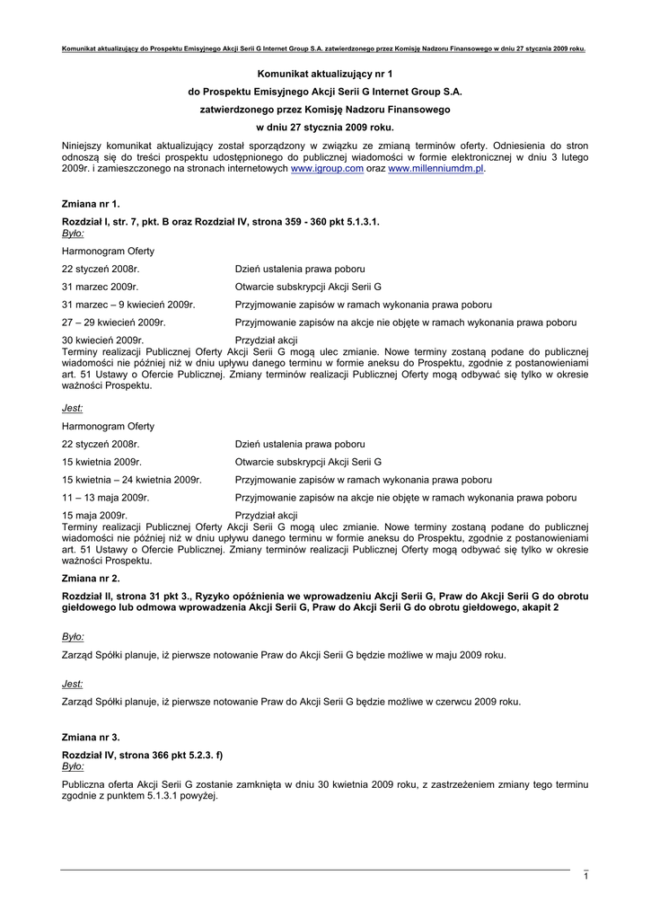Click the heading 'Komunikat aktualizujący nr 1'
coord(325,72)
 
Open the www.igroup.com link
coord(327,168)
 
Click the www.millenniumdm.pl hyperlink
coord(435,168)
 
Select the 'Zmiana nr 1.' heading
coord(90,204)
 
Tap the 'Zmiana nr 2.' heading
coord(90,579)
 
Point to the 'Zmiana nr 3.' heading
coord(90,737)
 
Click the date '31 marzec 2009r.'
coord(101,287)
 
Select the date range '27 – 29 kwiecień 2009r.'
coord(113,322)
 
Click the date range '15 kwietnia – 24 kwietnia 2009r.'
coord(131,480)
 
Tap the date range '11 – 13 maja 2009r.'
coord(105,497)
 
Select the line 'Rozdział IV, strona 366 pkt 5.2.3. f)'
coord(142,755)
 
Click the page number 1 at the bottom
coord(585,876)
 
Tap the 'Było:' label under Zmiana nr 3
coord(73,766)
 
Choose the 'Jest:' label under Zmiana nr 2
coord(72,684)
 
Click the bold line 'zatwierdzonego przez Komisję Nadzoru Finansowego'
coord(325,109)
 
